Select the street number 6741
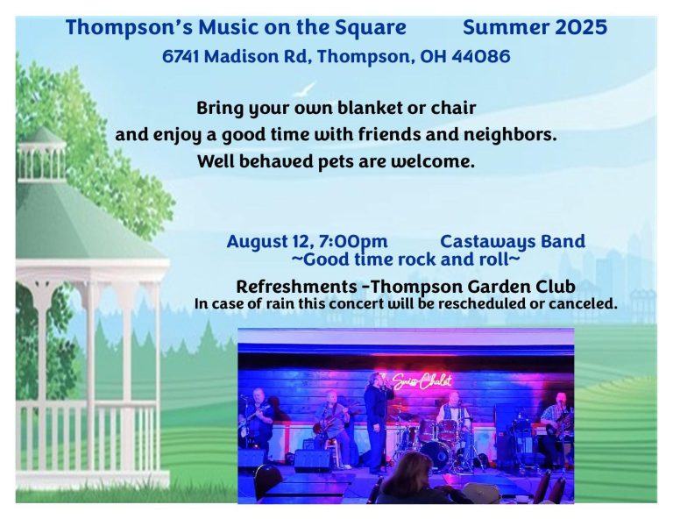tap(181, 56)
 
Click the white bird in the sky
tap(305, 89)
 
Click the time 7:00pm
tap(353, 242)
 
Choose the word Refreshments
tap(296, 287)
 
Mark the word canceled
tap(583, 304)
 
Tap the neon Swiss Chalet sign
tap(420, 381)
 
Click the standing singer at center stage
tap(377, 422)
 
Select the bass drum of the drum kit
tap(436, 456)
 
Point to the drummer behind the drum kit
tap(451, 411)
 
